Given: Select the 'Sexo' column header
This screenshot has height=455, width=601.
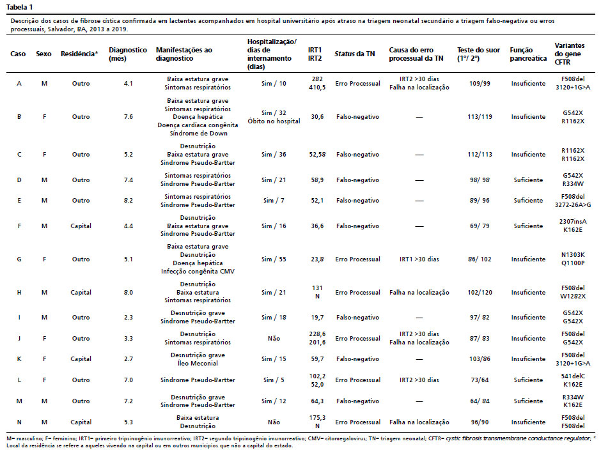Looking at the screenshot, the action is point(43,54).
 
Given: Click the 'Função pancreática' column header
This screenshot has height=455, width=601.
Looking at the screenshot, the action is point(528,54).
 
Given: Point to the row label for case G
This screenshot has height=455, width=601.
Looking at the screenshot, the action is point(19,259).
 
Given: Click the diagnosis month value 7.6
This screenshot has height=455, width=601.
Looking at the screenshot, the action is point(129,117).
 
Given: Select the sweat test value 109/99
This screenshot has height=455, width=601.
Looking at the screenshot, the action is point(480,84).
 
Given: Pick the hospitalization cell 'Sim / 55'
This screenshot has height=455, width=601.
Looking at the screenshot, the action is point(274,259).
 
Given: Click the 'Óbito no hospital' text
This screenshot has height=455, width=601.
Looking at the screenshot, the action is point(274,121).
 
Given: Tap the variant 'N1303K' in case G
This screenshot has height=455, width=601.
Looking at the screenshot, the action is point(573,255).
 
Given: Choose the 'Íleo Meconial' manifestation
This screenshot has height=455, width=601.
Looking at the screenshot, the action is point(198,364).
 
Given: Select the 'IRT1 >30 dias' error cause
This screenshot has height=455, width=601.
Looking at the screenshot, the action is point(419,259).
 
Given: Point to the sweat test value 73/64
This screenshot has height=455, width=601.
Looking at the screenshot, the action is point(480,380).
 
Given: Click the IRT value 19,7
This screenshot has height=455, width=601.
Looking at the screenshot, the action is point(317,318).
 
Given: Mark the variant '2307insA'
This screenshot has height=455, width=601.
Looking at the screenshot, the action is point(573,222).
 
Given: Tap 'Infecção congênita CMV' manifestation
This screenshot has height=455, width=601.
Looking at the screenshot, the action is point(198,272).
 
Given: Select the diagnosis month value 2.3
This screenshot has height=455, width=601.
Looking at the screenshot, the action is point(129,318).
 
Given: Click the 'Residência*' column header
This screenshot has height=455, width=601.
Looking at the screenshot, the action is point(79,54).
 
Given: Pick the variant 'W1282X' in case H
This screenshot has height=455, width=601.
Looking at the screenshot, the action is point(573,297).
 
